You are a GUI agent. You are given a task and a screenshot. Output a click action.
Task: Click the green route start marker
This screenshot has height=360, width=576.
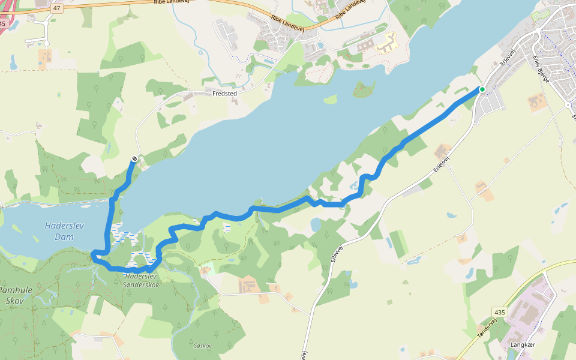(x=482, y=89)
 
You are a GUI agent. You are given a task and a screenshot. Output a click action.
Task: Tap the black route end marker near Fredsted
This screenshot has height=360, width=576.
(x=134, y=158)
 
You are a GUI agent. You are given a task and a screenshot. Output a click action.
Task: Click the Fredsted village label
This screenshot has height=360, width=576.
(x=224, y=94)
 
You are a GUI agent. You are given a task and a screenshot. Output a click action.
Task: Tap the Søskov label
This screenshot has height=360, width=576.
(x=203, y=346)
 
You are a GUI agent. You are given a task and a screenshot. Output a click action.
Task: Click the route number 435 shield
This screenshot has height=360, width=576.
(x=500, y=313)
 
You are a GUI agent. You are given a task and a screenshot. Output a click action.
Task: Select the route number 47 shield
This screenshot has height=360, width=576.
(x=57, y=8)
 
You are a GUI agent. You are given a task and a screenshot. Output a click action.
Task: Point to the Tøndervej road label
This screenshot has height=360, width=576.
(x=487, y=330)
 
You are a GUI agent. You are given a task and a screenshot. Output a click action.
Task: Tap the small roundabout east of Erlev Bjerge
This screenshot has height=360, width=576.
(x=568, y=105)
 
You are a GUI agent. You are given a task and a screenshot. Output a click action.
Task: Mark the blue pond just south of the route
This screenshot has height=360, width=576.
(x=316, y=224)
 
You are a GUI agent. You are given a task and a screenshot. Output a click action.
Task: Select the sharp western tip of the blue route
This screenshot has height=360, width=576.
(x=93, y=256)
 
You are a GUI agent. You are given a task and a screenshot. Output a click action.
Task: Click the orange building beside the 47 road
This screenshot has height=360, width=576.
(x=45, y=56)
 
